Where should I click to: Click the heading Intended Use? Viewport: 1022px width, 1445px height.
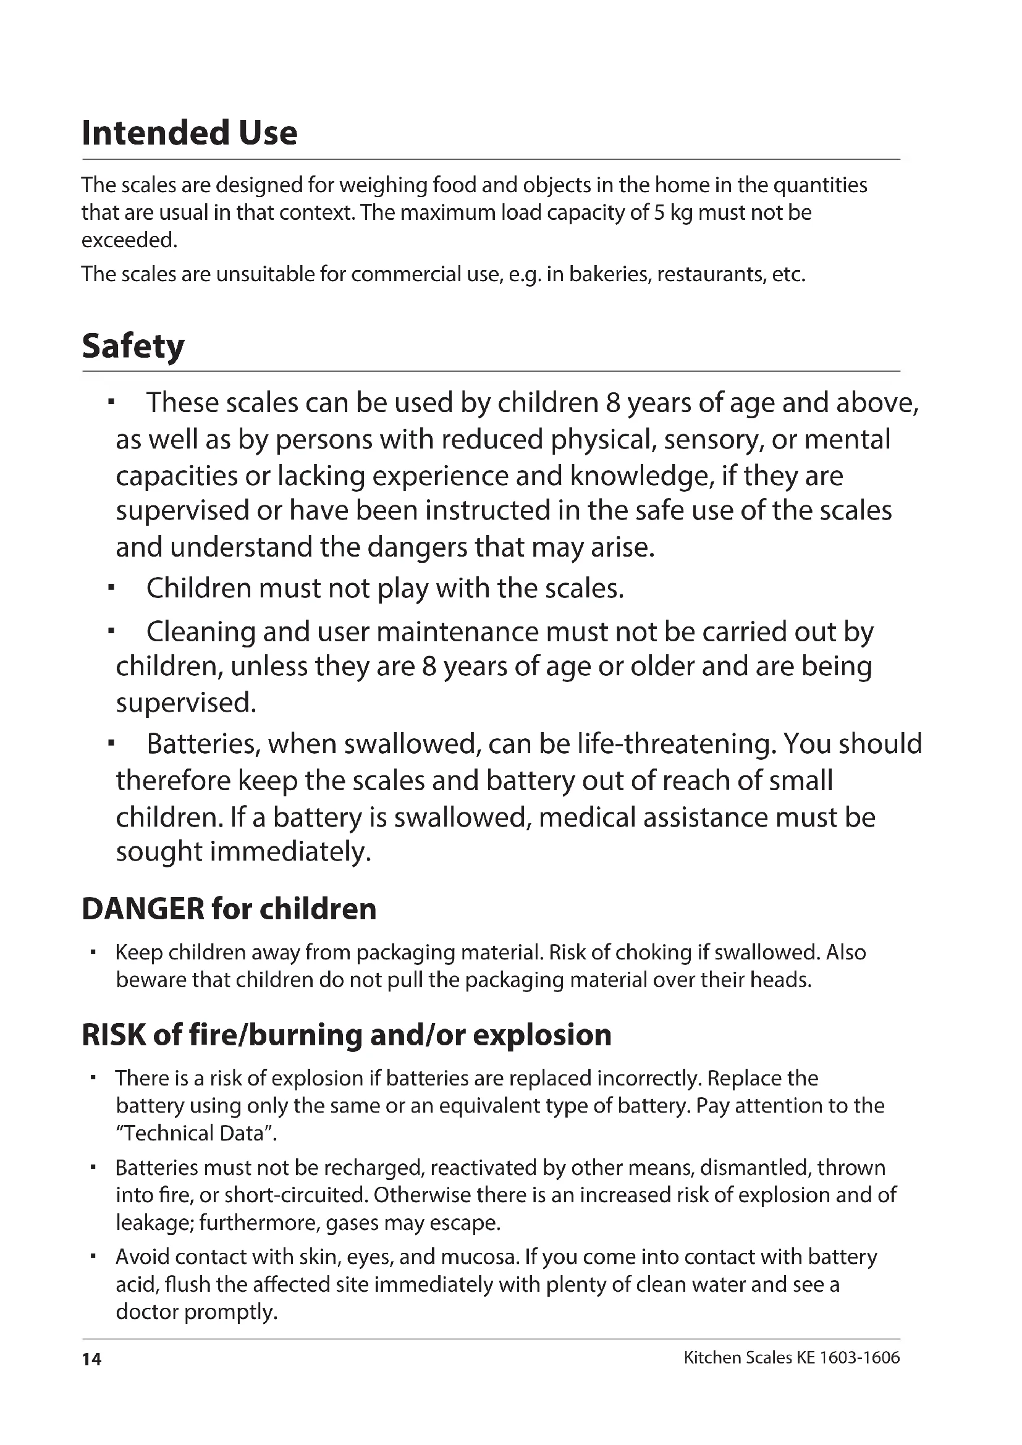click(x=190, y=133)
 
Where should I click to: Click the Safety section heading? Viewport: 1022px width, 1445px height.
click(x=133, y=347)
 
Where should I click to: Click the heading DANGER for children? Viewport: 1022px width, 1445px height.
click(x=229, y=909)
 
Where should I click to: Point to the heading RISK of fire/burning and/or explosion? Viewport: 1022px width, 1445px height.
click(x=347, y=1035)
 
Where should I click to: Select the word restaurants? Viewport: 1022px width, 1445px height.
click(x=710, y=274)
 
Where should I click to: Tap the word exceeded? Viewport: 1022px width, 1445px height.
click(x=129, y=240)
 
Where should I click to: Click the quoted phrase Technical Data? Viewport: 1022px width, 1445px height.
click(x=196, y=1134)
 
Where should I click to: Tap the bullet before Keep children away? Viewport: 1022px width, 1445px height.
click(x=92, y=953)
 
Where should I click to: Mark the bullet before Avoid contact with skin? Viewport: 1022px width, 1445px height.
click(x=92, y=1257)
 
